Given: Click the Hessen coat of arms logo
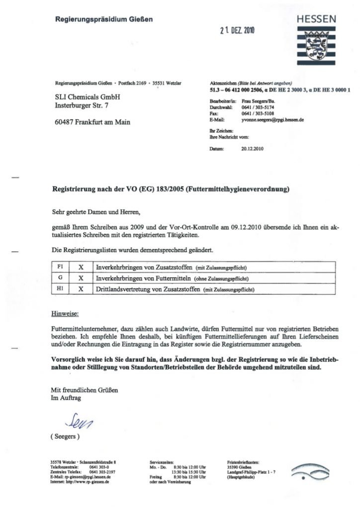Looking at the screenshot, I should pos(316,45).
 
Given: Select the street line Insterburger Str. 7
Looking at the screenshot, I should pos(83,106).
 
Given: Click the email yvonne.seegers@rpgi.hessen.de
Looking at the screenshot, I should pos(273,120).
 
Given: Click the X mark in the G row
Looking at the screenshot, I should pos(80,278).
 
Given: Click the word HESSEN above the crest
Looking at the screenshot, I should pos(316,19).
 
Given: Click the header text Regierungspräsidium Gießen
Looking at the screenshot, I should pos(103,19).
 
